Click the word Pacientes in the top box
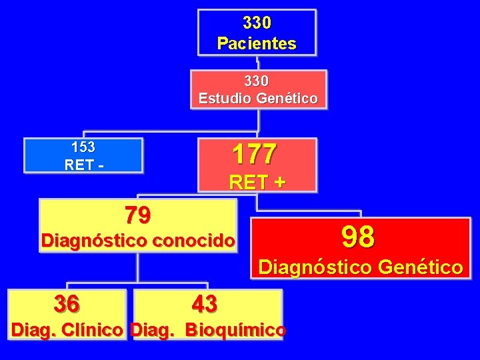(x=257, y=44)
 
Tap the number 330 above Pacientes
(x=257, y=23)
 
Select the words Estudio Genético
(x=258, y=99)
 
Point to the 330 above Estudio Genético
(x=257, y=81)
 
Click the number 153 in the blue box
(x=83, y=147)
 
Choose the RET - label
(x=83, y=164)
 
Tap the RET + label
(x=257, y=181)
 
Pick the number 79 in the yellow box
(x=138, y=215)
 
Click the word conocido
(x=195, y=241)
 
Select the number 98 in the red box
(x=358, y=236)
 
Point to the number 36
(x=67, y=304)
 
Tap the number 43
(x=204, y=304)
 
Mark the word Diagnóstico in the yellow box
(x=94, y=241)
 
